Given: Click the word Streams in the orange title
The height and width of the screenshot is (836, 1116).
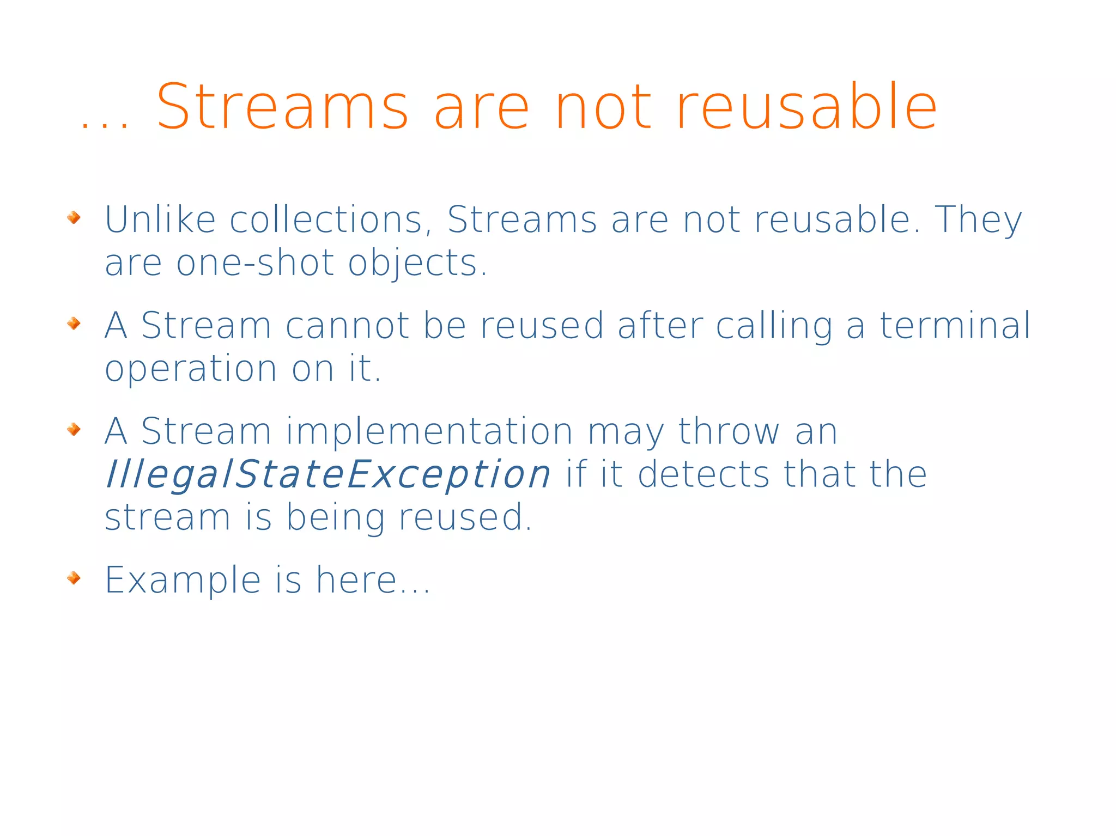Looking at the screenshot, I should [282, 107].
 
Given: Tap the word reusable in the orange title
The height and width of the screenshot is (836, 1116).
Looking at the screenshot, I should [806, 107].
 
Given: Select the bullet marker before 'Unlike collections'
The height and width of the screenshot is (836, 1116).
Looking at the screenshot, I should [74, 218].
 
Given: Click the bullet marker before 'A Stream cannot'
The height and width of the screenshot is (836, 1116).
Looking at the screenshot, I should [74, 324].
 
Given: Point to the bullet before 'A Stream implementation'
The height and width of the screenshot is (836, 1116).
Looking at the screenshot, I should [74, 429].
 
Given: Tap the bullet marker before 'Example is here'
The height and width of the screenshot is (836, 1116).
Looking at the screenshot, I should [74, 577].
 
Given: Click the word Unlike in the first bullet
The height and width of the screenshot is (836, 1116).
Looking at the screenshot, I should [160, 219].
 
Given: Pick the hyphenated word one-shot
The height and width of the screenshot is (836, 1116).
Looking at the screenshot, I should [255, 263].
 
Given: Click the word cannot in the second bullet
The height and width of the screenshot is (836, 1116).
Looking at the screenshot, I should [347, 326].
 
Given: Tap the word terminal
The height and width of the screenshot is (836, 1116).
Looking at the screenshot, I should [955, 326].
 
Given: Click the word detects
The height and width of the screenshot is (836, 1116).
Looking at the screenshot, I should [703, 474].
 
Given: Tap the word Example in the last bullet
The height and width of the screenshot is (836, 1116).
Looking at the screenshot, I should [183, 581].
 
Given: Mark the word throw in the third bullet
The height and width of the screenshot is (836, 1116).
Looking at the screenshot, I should [729, 431].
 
